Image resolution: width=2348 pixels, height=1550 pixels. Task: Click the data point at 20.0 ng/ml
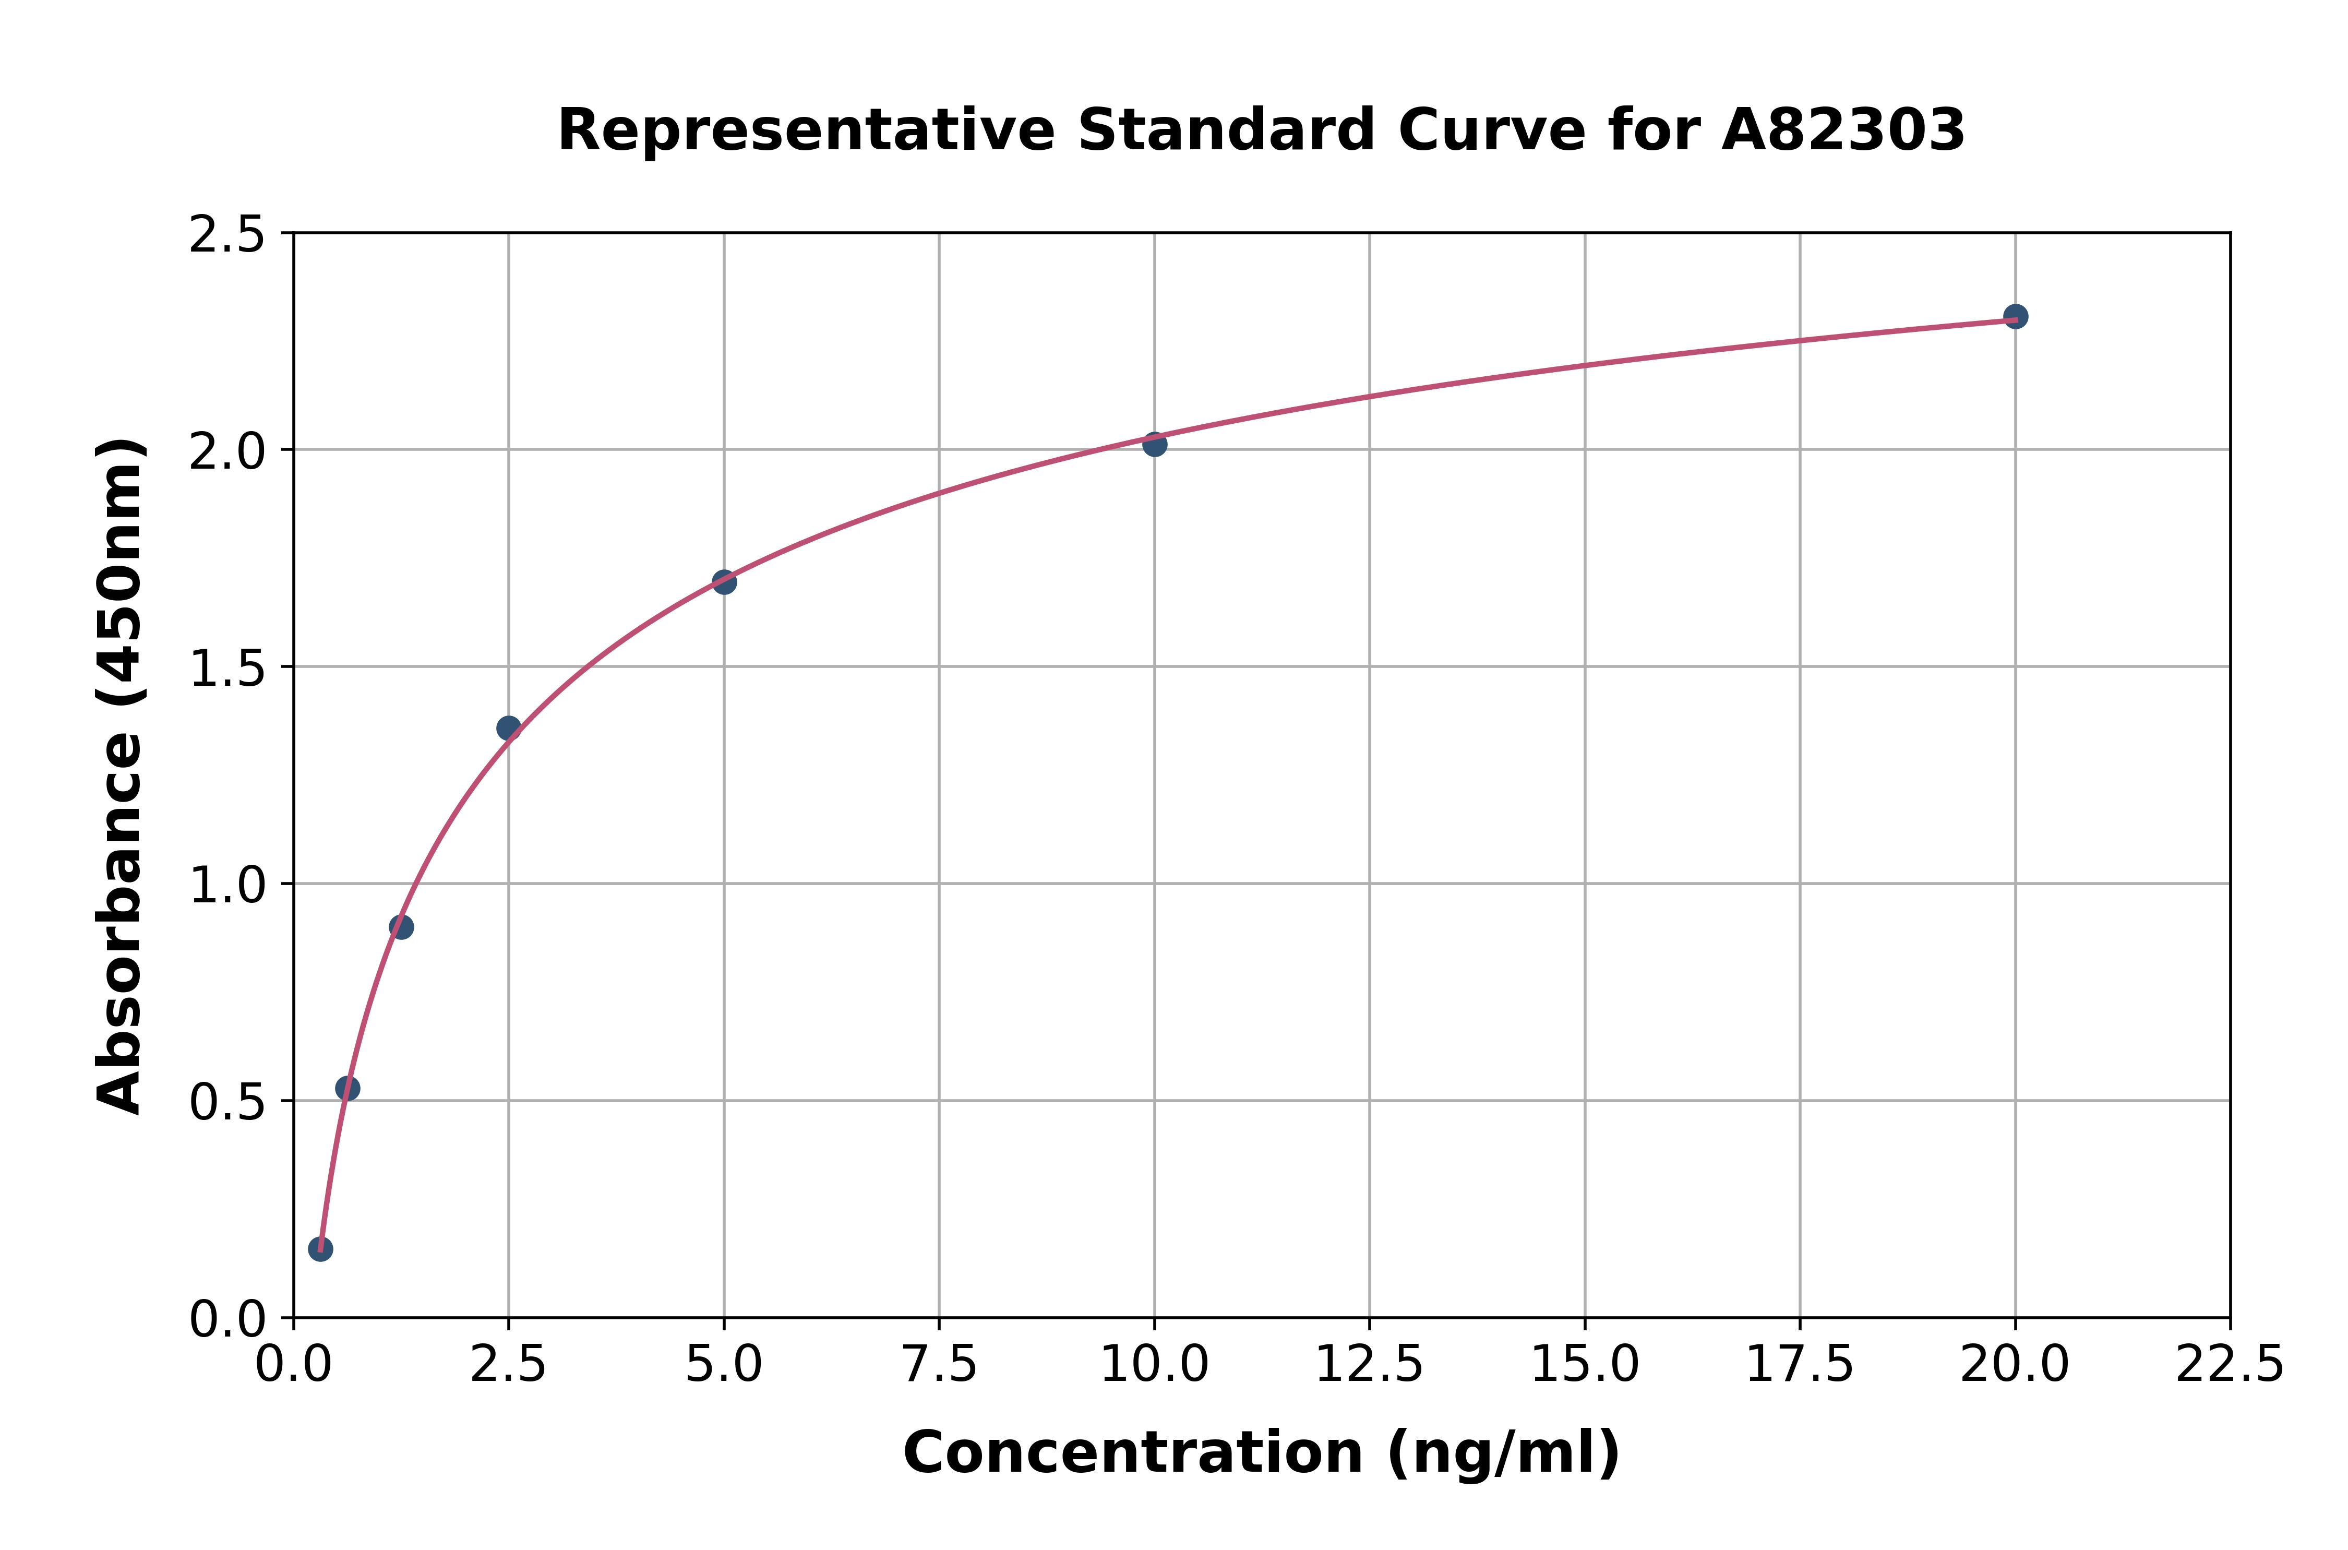coord(2015,316)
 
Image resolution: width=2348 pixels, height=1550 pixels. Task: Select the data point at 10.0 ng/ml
coord(1154,445)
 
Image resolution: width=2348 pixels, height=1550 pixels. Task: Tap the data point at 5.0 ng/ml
coord(724,582)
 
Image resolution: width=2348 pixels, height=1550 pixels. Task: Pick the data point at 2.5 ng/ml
coord(509,729)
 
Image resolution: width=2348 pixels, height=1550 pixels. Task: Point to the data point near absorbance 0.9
coord(401,927)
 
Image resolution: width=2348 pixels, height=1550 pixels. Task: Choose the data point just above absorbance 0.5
coord(348,1088)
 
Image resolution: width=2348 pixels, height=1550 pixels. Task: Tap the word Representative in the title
coord(806,130)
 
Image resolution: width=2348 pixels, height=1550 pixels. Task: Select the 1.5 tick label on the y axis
coord(227,668)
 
